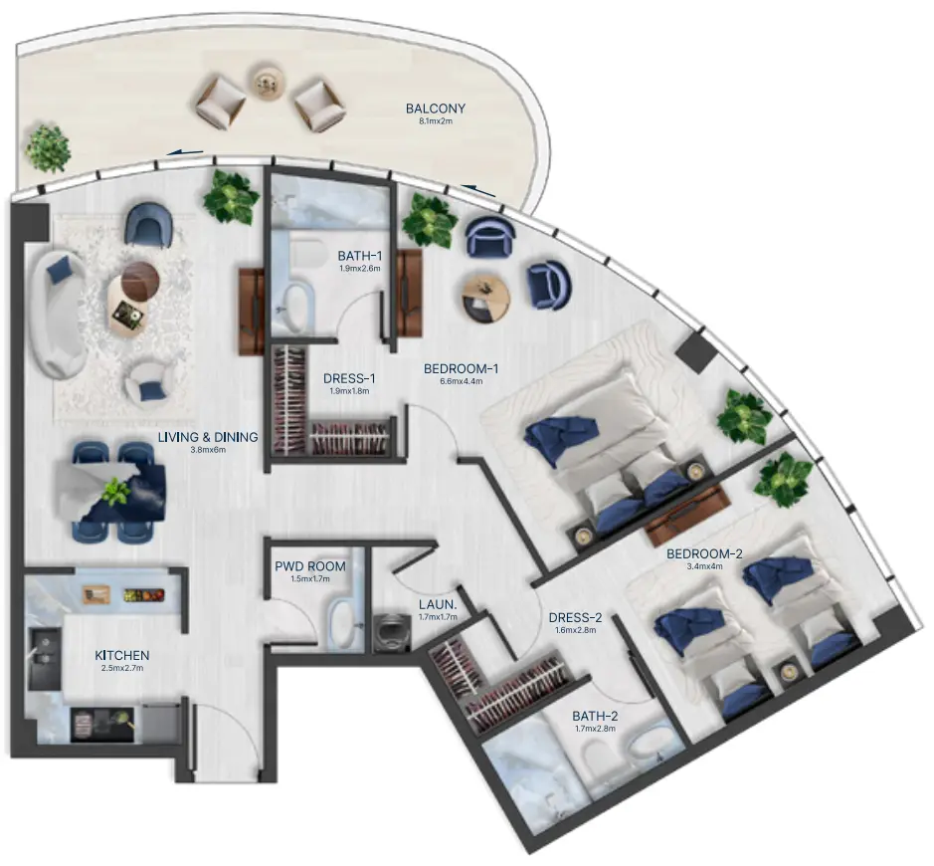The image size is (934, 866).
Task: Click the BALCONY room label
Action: coord(435,108)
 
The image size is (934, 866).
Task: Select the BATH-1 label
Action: coord(359,255)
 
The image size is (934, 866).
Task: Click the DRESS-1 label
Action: coord(349,378)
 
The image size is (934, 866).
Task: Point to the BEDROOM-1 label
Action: coord(461,368)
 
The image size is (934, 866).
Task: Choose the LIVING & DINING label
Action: coord(208,436)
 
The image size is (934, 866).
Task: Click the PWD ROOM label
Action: coord(310,566)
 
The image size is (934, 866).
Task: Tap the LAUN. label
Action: coord(437,603)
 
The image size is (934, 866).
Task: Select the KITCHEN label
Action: coord(121,655)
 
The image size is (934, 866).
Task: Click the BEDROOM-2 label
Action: coord(704,553)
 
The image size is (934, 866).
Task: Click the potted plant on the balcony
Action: coord(47,147)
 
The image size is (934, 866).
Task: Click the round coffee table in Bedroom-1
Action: coord(486,294)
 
